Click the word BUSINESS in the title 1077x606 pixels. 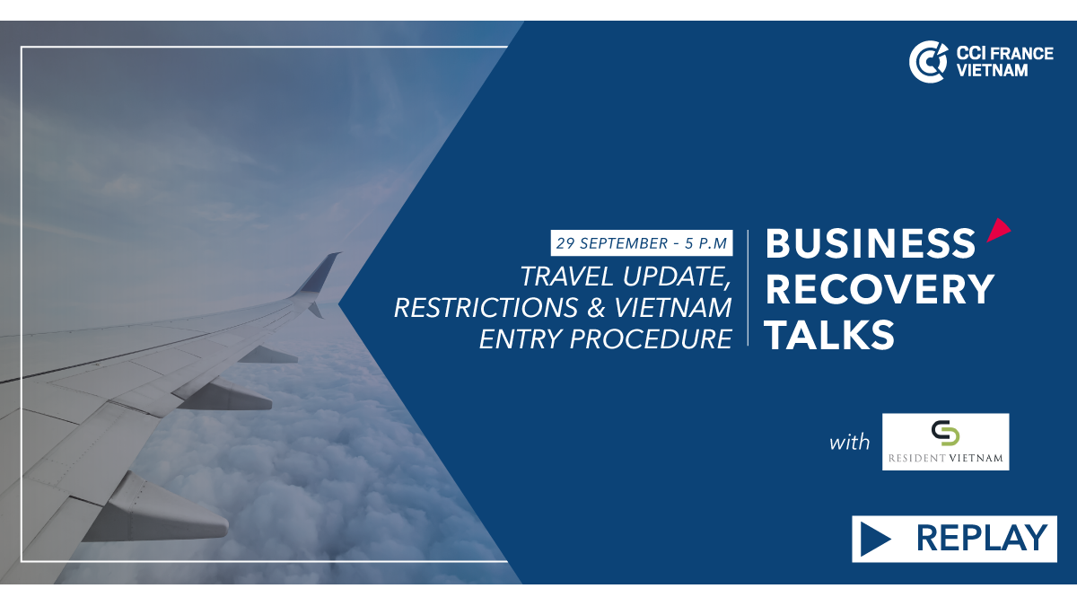click(x=871, y=243)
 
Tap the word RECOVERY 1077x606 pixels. click(x=880, y=289)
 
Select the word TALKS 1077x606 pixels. click(x=830, y=335)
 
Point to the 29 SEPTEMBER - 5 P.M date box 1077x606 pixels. click(x=642, y=243)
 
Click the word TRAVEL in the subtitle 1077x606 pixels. click(x=566, y=277)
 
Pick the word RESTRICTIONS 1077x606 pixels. click(x=486, y=308)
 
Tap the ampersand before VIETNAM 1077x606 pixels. click(x=596, y=308)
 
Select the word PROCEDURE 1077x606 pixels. click(x=651, y=339)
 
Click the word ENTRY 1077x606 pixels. click(x=521, y=339)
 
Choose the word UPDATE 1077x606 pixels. click(x=677, y=277)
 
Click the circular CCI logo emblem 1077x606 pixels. click(x=928, y=62)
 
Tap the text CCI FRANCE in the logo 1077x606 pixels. click(x=1004, y=53)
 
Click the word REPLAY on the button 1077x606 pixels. click(x=981, y=538)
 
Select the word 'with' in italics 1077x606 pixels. click(x=850, y=442)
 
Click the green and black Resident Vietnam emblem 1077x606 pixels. click(x=945, y=433)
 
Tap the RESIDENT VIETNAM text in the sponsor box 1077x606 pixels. click(x=945, y=458)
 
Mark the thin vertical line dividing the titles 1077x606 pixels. click(x=749, y=287)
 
